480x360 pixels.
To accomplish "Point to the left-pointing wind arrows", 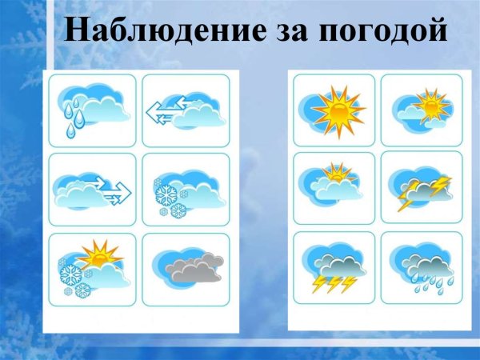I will [166, 110].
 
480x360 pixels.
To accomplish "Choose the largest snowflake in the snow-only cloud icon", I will [167, 194].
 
